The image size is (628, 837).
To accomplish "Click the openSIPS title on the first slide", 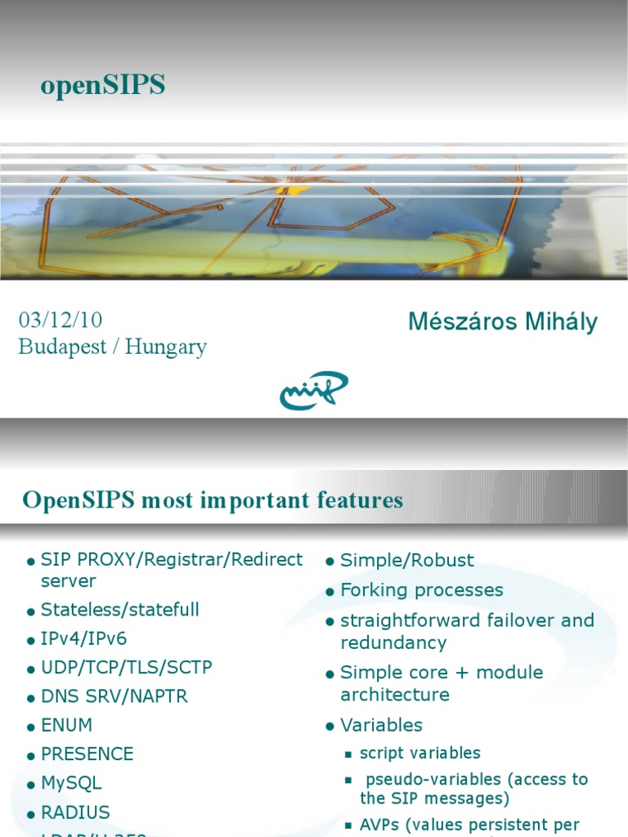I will (102, 85).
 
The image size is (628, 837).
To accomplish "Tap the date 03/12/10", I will (61, 320).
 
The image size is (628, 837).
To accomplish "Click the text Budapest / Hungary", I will (112, 347).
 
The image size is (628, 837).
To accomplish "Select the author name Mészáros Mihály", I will (502, 322).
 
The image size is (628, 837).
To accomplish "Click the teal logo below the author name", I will (313, 391).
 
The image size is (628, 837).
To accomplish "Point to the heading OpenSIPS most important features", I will (213, 500).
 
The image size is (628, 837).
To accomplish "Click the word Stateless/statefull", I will (120, 610).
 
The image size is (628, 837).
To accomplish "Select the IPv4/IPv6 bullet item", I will (84, 638).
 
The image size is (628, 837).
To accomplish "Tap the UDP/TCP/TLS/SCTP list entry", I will (127, 667).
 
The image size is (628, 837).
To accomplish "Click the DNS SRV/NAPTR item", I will (114, 696).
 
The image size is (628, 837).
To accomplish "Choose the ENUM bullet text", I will (67, 725).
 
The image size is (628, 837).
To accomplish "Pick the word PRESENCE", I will (87, 754).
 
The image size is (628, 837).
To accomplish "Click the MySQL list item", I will (72, 782).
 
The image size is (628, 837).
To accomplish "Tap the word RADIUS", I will (75, 812).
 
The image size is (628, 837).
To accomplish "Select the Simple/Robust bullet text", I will (407, 560).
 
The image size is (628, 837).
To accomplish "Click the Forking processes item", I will (422, 590).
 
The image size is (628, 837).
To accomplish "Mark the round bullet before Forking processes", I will (330, 592).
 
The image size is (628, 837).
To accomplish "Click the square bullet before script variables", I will (348, 754).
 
